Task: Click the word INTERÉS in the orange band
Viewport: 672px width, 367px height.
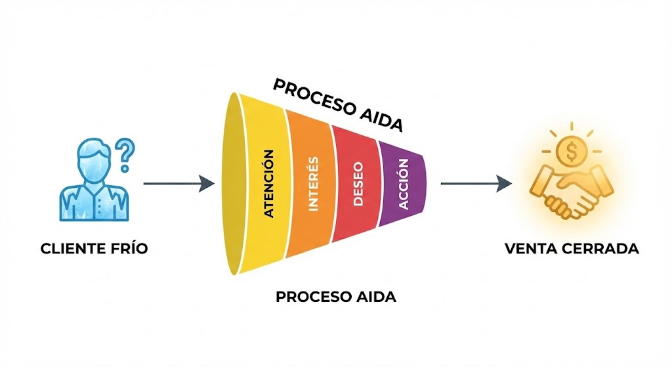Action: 313,183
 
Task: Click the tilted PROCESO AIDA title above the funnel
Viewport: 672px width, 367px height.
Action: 337,105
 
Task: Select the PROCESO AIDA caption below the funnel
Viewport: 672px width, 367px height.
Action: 336,297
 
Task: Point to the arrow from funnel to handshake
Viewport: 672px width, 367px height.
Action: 475,184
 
